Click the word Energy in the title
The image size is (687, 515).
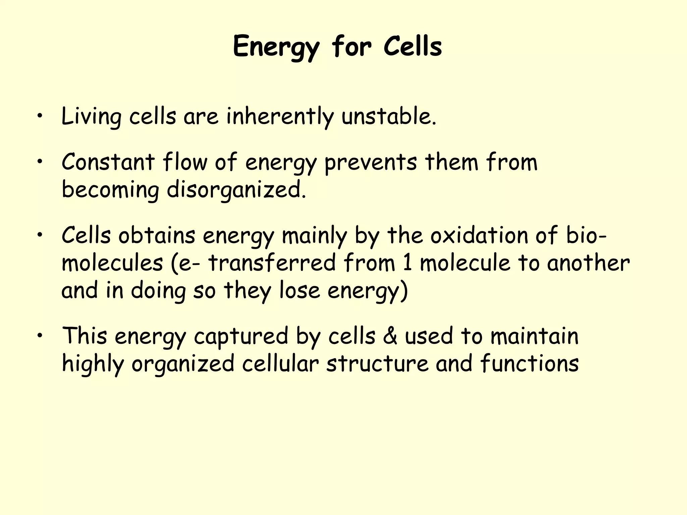coord(276,47)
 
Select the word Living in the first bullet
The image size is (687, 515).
coord(91,117)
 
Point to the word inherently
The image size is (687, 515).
coord(280,117)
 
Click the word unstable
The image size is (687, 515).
coord(389,116)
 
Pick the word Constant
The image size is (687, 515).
coord(108,162)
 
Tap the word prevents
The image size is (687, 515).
coord(371,163)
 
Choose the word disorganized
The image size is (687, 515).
coord(236,190)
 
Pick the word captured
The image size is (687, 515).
coord(241,336)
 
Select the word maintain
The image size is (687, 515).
coord(534,336)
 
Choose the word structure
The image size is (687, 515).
coord(377,363)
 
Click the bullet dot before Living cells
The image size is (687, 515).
coord(40,116)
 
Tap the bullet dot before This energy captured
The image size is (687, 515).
coord(40,336)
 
